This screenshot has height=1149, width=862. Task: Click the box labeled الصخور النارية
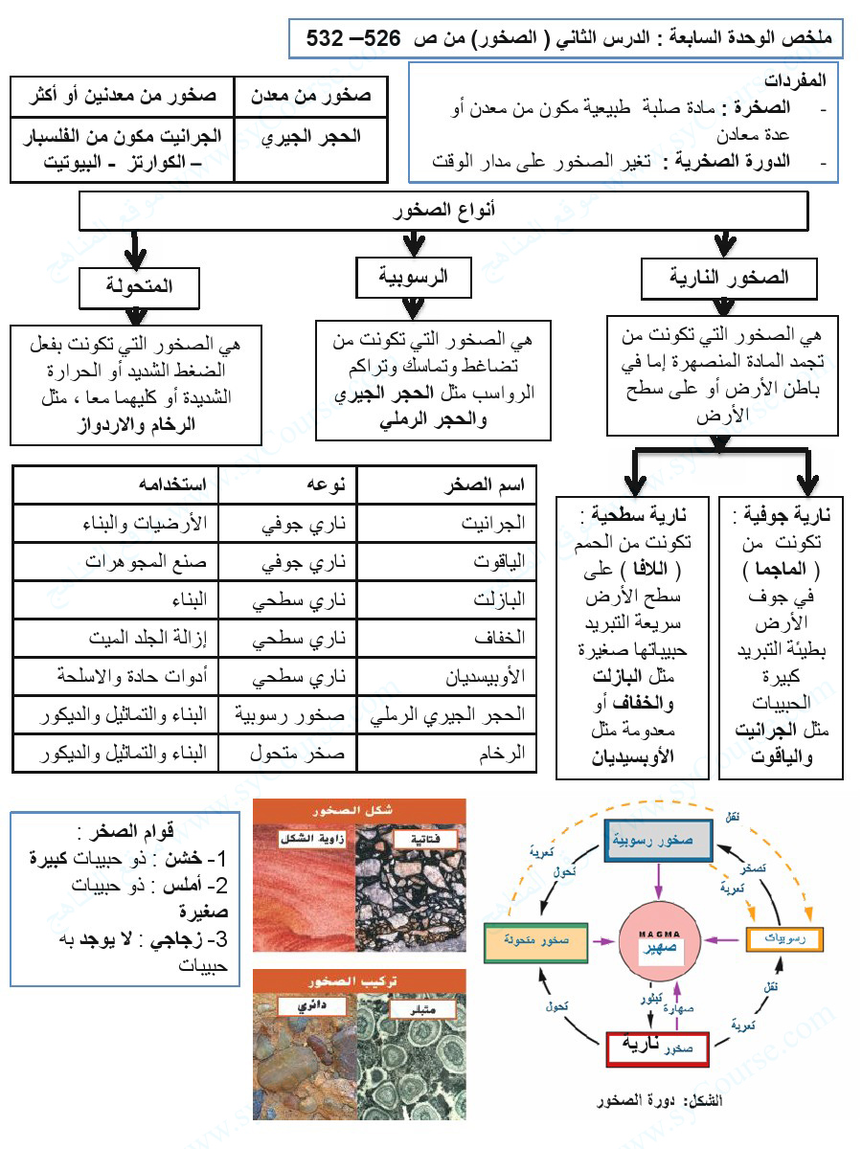(730, 279)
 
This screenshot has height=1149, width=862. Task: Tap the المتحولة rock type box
(139, 286)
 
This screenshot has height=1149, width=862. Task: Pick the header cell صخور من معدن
(311, 97)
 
